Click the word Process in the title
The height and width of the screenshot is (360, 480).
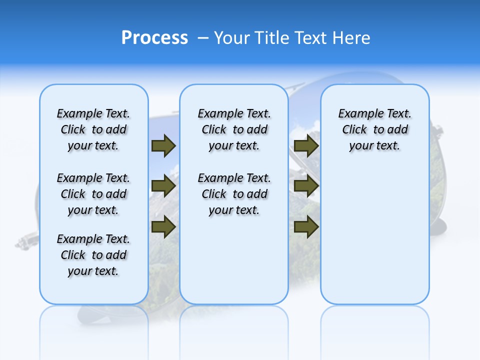coord(154,38)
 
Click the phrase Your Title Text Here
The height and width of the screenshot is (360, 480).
coord(292,38)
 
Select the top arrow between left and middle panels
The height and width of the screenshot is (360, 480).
coord(163,145)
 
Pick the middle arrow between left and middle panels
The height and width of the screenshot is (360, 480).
coord(163,186)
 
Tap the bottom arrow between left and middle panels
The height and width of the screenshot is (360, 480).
coord(163,227)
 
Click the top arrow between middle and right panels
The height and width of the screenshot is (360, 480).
coord(306,145)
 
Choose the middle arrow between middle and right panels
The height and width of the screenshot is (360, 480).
coord(306,186)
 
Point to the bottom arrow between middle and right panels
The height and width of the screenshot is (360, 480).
coord(306,227)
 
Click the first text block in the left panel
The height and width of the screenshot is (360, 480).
coord(93,129)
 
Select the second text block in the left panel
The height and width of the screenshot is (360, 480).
coord(93,194)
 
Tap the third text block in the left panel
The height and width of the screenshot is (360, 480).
coord(93,255)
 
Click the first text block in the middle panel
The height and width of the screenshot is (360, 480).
coord(234,129)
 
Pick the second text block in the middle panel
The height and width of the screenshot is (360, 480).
coord(234,194)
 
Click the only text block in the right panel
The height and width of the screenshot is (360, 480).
coord(374,129)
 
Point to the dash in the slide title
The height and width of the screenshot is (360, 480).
coord(203,38)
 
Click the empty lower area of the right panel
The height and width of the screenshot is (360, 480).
coord(374,235)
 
